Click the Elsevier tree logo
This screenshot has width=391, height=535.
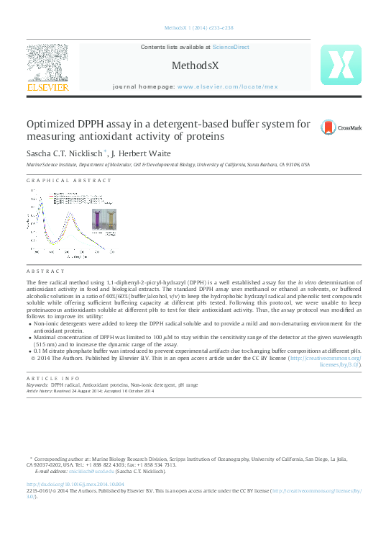(48, 62)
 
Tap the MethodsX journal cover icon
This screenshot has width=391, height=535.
(340, 66)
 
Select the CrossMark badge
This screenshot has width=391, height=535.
(339, 127)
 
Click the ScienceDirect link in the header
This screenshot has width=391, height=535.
(231, 47)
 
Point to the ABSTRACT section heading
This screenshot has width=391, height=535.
(45, 271)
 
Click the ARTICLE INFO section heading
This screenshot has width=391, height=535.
(52, 378)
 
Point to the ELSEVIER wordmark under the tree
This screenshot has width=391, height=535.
(48, 87)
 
